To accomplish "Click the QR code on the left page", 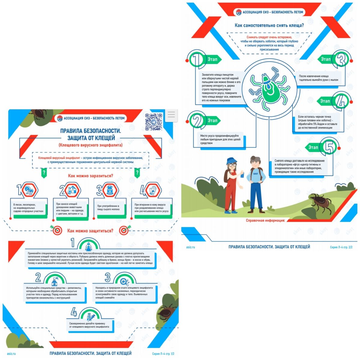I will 154,121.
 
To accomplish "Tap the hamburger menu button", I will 171,115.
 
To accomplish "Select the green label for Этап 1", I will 213,59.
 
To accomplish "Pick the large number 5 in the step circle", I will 329,147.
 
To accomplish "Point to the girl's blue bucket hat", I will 232,160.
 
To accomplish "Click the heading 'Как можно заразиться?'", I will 90,176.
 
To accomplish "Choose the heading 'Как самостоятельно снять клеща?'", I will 269,25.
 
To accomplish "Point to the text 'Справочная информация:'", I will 265,220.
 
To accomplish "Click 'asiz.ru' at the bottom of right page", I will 190,247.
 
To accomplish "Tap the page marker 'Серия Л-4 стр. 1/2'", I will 163,354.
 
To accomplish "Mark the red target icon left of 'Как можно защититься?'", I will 57,230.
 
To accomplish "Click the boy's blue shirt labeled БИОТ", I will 256,176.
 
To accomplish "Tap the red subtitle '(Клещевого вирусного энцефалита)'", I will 90,145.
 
